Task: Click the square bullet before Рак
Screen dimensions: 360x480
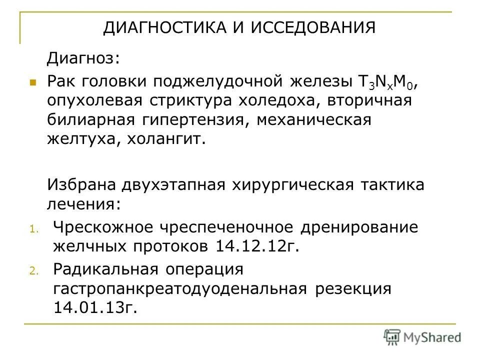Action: [x=32, y=81]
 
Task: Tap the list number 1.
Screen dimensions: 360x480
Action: [x=32, y=230]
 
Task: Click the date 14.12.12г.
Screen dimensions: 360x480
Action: [x=257, y=246]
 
